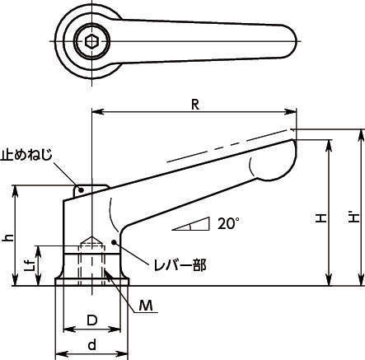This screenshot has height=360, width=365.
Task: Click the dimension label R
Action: pos(194,105)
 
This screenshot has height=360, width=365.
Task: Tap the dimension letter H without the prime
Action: pos(321,218)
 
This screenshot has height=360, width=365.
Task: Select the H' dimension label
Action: pos(354,217)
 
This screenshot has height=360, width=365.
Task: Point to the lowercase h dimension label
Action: pos(9,237)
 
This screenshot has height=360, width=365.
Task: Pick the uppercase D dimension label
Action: pos(92,320)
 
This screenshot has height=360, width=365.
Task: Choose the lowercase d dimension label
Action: pos(92,344)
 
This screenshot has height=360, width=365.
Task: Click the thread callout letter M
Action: pos(146,306)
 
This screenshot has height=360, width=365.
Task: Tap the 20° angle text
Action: pos(228,223)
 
